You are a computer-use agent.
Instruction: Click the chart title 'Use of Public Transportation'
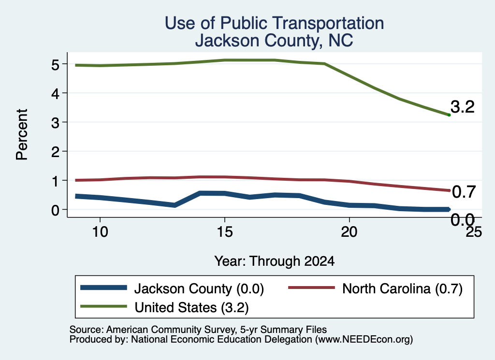[275, 23]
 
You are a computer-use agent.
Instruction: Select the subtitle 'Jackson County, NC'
[274, 41]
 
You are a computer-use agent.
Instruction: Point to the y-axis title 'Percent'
[22, 134]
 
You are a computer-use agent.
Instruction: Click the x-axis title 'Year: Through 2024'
[275, 261]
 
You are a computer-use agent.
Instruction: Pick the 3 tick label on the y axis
[56, 122]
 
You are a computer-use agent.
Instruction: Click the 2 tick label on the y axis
[56, 152]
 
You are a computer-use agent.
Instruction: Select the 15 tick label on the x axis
[225, 232]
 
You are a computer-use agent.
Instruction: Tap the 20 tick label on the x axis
[349, 232]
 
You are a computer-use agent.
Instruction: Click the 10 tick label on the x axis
[100, 232]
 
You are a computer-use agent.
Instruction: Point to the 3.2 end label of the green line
[463, 107]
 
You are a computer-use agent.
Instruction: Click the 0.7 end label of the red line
[464, 192]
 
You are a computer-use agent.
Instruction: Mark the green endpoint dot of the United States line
[449, 115]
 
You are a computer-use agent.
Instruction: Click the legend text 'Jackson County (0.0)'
[199, 288]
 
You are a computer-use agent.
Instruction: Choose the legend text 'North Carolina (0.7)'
[403, 288]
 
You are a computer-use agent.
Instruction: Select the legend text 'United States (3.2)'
[191, 308]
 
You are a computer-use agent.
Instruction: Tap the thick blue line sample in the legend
[103, 288]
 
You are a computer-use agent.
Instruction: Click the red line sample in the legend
[312, 288]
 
